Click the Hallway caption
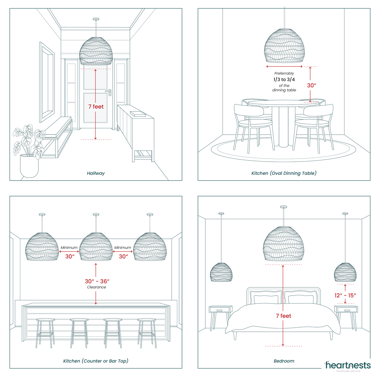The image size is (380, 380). pyautogui.click(x=96, y=173)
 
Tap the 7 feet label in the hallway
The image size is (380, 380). pyautogui.click(x=96, y=107)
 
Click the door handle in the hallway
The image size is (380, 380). pyautogui.click(x=109, y=92)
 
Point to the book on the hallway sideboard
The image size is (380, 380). pyautogui.click(x=138, y=114)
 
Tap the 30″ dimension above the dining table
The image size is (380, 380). pyautogui.click(x=312, y=85)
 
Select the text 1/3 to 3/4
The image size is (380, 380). pyautogui.click(x=284, y=79)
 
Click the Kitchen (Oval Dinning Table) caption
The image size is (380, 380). pyautogui.click(x=284, y=173)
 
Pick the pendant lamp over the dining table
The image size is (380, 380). pyautogui.click(x=284, y=46)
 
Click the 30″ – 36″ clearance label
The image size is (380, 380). pyautogui.click(x=97, y=281)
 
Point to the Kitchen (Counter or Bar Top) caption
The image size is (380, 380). pyautogui.click(x=96, y=361)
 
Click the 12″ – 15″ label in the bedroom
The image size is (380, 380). pyautogui.click(x=345, y=295)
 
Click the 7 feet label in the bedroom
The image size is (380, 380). pyautogui.click(x=283, y=316)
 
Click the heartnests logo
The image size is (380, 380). pyautogui.click(x=348, y=366)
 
